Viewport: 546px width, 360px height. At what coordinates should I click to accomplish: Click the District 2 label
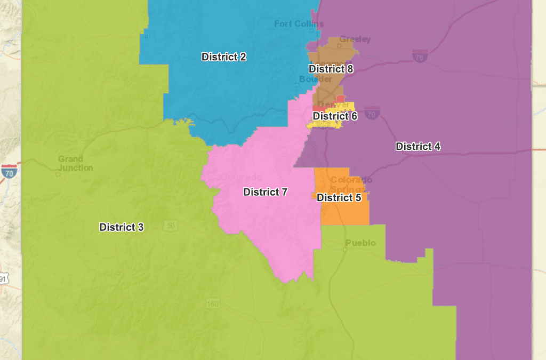pyautogui.click(x=223, y=57)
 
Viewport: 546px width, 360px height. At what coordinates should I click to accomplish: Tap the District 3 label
pyautogui.click(x=122, y=227)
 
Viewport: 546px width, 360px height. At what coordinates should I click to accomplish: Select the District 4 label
pyautogui.click(x=417, y=147)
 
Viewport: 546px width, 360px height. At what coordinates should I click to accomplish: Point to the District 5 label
pyautogui.click(x=339, y=198)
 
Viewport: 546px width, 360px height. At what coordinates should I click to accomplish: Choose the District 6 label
pyautogui.click(x=335, y=116)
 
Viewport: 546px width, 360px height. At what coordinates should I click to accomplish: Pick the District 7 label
pyautogui.click(x=265, y=192)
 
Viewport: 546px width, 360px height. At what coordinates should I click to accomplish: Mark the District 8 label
pyautogui.click(x=331, y=69)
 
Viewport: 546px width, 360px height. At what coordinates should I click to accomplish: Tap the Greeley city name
pyautogui.click(x=355, y=39)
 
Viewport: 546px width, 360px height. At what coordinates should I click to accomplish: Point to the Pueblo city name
pyautogui.click(x=360, y=243)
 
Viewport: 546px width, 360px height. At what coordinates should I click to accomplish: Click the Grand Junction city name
pyautogui.click(x=75, y=163)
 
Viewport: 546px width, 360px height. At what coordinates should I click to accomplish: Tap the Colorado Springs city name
pyautogui.click(x=348, y=184)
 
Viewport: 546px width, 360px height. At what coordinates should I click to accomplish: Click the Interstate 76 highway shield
pyautogui.click(x=420, y=55)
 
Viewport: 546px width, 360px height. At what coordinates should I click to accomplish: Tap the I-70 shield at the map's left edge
pyautogui.click(x=9, y=171)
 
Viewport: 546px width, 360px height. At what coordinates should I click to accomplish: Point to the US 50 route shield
pyautogui.click(x=170, y=226)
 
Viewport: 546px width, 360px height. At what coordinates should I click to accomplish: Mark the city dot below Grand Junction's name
pyautogui.click(x=58, y=173)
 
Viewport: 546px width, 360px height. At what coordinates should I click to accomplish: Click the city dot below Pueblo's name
pyautogui.click(x=345, y=249)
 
